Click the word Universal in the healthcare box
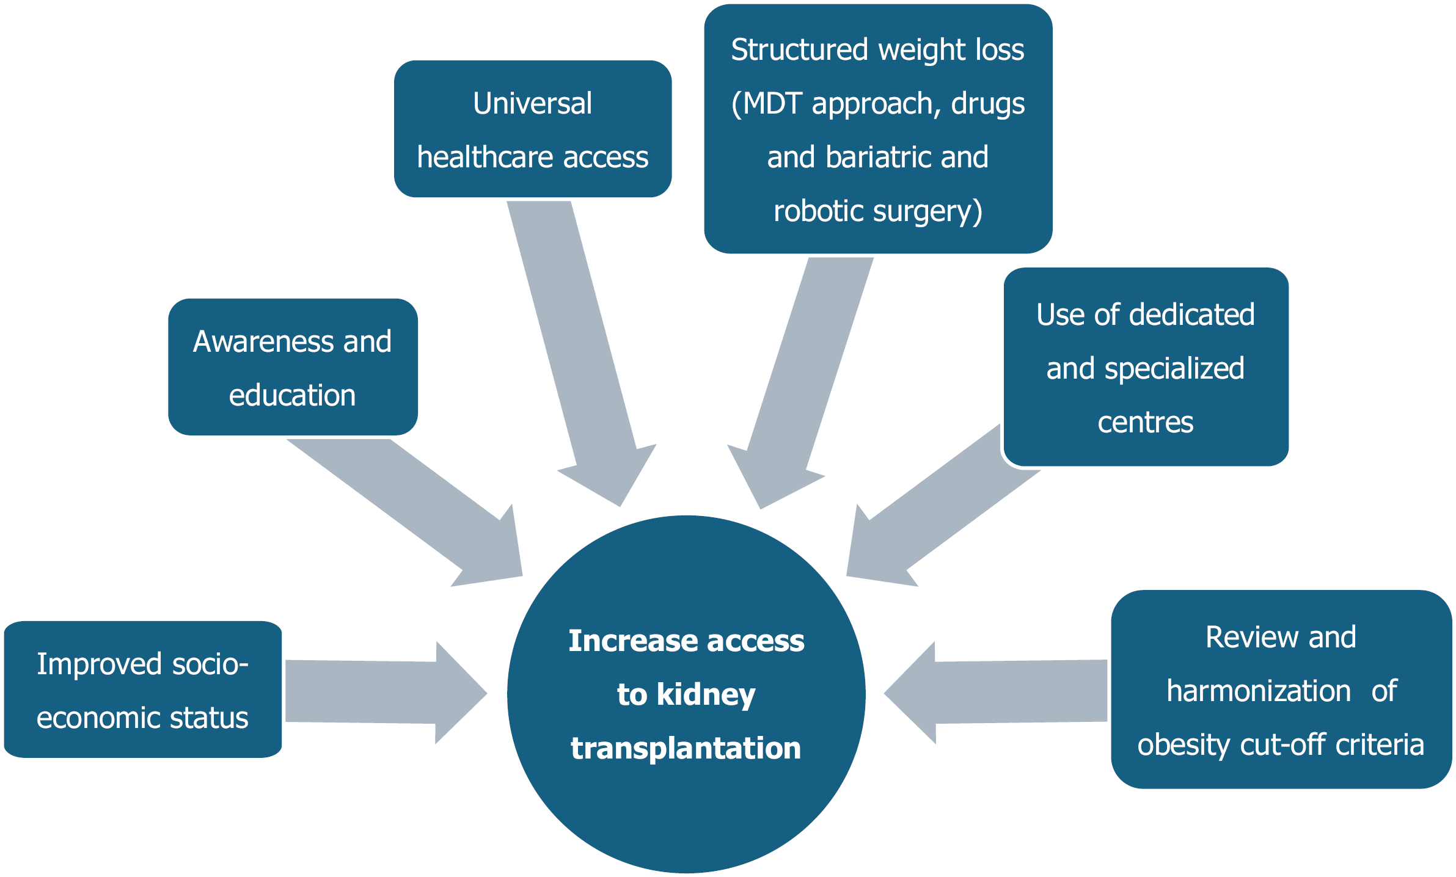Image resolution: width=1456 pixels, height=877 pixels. pyautogui.click(x=532, y=103)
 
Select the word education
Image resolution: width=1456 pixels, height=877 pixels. pyautogui.click(x=292, y=395)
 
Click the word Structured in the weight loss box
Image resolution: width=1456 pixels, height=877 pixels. pyautogui.click(x=799, y=49)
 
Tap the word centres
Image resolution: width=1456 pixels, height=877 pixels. pyautogui.click(x=1145, y=422)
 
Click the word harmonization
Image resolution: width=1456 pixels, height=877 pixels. pyautogui.click(x=1258, y=691)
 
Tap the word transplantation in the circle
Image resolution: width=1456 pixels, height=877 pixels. pyautogui.click(x=686, y=748)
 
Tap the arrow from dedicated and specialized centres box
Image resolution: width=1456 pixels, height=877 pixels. pyautogui.click(x=929, y=519)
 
